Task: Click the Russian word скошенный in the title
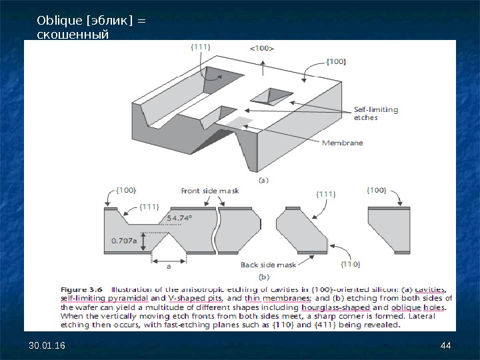click(73, 34)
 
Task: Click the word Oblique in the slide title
click(57, 21)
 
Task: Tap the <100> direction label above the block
click(262, 48)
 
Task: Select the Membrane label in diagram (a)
click(342, 143)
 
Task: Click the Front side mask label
click(210, 191)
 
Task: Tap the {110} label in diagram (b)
click(351, 264)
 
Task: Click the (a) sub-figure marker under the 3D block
click(264, 179)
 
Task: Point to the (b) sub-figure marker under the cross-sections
click(264, 276)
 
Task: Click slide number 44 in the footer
click(446, 344)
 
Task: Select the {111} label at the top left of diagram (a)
click(201, 47)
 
